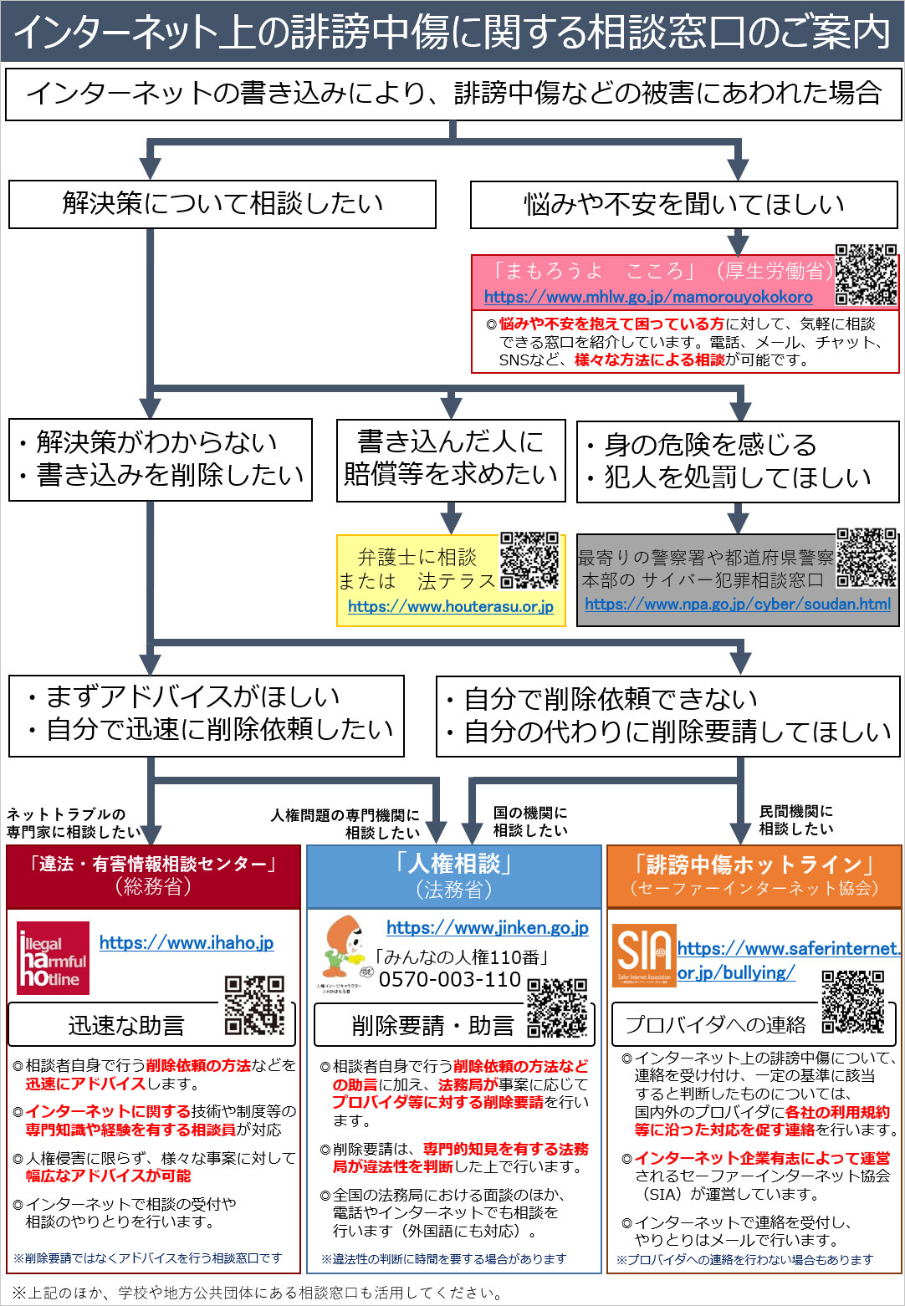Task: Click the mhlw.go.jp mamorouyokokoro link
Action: coord(648,297)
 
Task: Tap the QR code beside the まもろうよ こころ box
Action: coord(867,275)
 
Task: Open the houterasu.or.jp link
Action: coord(451,606)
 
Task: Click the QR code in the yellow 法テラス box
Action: coord(529,560)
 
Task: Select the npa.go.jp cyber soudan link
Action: coord(738,604)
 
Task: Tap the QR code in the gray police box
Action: coord(867,558)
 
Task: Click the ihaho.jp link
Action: coord(187,942)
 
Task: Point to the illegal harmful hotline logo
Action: coord(53,957)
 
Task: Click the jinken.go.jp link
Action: coord(488,927)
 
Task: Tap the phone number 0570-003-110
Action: coord(450,979)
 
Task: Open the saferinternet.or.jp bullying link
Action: coord(788,960)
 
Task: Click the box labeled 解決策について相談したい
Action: coord(222,204)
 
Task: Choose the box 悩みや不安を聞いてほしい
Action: coord(684,205)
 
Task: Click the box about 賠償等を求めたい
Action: coord(451,458)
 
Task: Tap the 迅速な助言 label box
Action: coord(125,1025)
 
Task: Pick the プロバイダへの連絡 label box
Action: coord(716,1024)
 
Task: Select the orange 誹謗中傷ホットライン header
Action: coord(754,875)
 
